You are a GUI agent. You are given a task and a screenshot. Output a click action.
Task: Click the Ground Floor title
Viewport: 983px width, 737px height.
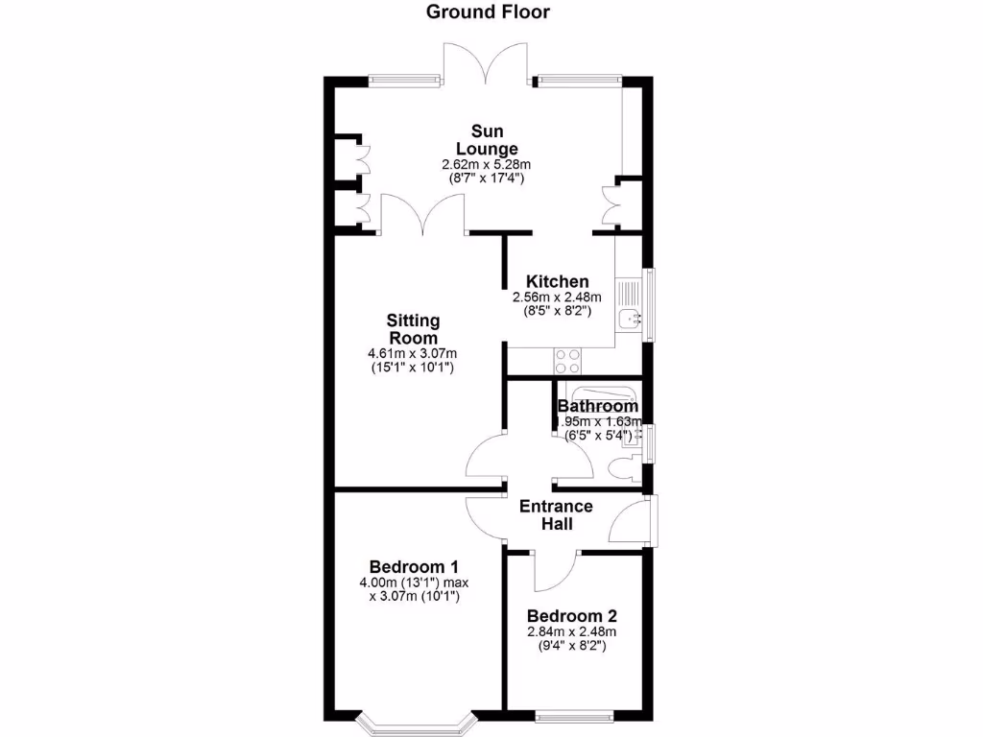[488, 12]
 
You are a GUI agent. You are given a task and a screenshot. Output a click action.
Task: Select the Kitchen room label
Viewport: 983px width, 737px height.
[557, 282]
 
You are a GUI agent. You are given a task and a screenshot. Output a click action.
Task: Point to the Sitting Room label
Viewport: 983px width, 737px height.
[413, 329]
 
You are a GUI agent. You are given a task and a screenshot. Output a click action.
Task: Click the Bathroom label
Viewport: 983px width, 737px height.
[598, 407]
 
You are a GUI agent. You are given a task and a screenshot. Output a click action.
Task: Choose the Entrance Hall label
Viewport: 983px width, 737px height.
[556, 515]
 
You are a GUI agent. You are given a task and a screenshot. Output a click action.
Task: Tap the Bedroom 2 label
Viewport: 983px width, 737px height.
[571, 617]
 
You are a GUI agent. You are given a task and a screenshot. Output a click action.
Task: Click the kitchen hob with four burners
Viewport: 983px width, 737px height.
[566, 361]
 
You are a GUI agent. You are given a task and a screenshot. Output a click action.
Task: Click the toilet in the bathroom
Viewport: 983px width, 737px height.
[622, 468]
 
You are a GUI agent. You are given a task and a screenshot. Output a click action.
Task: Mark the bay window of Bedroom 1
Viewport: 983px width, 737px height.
[416, 718]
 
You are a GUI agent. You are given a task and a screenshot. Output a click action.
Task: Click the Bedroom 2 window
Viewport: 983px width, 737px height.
[576, 715]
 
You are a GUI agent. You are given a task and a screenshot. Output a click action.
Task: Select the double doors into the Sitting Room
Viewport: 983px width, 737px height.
[423, 213]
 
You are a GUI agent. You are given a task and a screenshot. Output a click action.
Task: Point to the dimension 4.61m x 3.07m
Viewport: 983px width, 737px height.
[413, 354]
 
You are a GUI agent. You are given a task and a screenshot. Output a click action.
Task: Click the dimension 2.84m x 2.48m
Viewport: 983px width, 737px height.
[571, 631]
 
